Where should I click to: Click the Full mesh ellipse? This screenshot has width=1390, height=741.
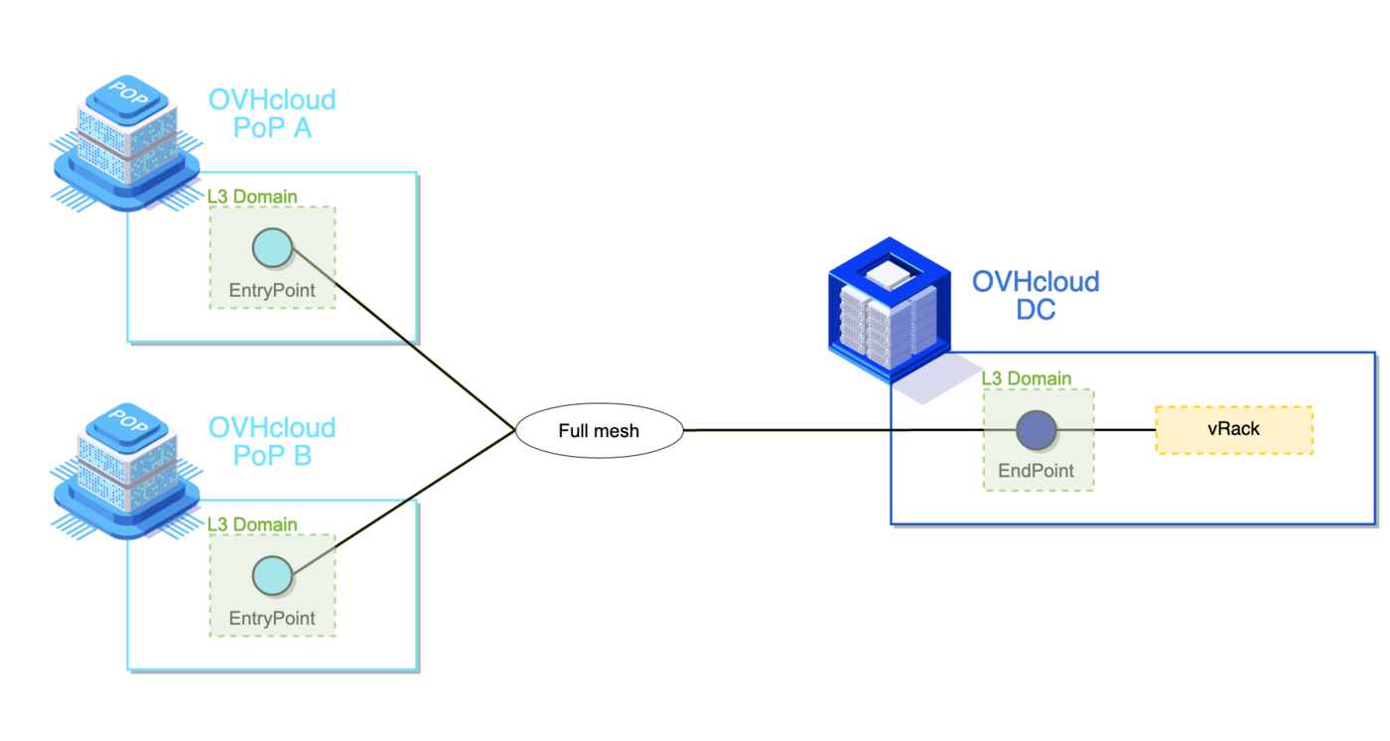tap(600, 431)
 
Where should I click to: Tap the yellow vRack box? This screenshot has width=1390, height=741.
tap(1234, 430)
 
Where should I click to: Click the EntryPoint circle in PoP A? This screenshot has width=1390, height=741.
tap(272, 248)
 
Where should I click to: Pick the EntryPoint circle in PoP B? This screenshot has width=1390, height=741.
tap(272, 575)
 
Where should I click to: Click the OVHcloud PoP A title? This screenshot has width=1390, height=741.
tap(272, 113)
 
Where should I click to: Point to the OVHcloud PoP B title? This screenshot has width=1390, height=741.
tap(272, 441)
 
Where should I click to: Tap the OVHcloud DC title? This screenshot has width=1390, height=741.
tap(1036, 295)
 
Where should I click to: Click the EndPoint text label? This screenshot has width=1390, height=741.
tap(1037, 471)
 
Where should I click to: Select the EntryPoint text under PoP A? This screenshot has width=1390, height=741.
tap(272, 291)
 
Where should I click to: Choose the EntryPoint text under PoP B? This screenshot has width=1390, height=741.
tap(272, 618)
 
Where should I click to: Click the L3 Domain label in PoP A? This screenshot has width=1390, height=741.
tap(252, 197)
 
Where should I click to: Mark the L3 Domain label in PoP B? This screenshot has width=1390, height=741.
tap(252, 523)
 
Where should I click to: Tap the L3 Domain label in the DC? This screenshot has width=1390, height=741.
tap(1027, 378)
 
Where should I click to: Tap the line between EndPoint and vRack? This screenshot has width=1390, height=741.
tap(1107, 430)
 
